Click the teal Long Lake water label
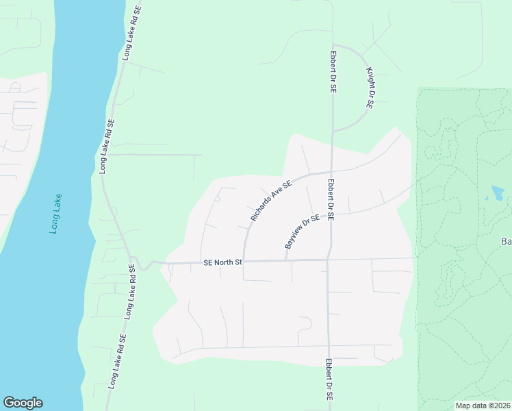pos(55,214)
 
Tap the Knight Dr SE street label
pos(370,88)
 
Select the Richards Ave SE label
pos(271,201)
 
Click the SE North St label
pos(222,262)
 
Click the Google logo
pos(23,403)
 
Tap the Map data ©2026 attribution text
pos(483,406)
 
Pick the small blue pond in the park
pos(498,192)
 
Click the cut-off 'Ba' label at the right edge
pos(507,241)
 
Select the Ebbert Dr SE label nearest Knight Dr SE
pos(333,71)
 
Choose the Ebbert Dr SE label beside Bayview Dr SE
pos(330,199)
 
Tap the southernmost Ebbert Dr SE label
pos(329,379)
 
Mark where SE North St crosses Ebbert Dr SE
pos(328,260)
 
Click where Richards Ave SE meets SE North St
pos(244,261)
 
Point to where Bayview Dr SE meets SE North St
pos(285,260)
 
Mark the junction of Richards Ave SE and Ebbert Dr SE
pos(331,172)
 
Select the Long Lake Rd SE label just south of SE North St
pos(129,292)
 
